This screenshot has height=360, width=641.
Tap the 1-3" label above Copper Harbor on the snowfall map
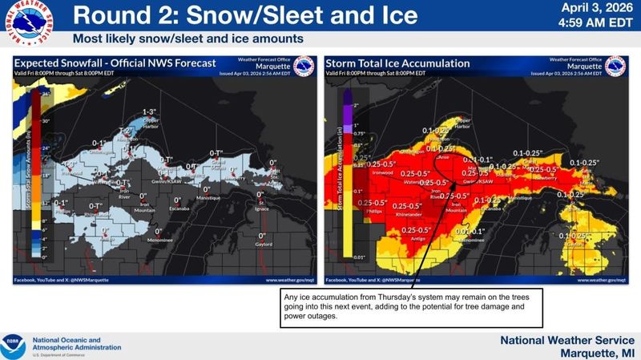point(150,111)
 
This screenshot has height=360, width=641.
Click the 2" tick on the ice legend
point(355,106)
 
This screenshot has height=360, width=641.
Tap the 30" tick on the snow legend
point(46,122)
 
